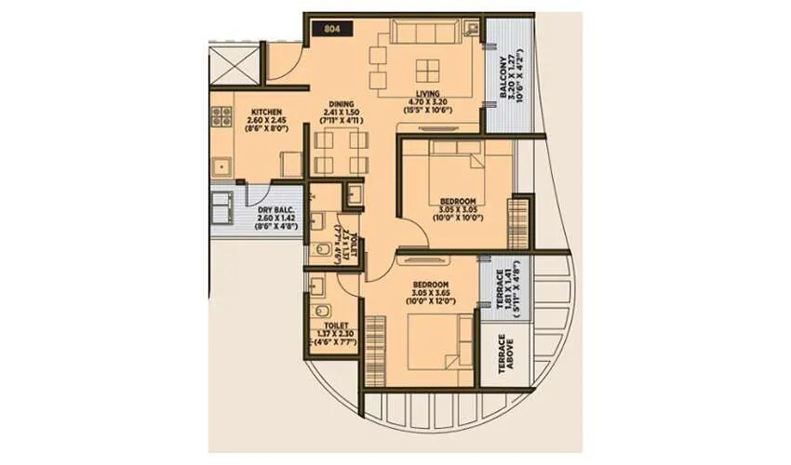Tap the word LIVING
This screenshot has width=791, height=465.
click(x=428, y=92)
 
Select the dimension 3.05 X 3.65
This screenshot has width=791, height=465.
click(x=429, y=293)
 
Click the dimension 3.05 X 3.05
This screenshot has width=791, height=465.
click(x=457, y=210)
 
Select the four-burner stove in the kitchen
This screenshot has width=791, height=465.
click(x=221, y=116)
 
